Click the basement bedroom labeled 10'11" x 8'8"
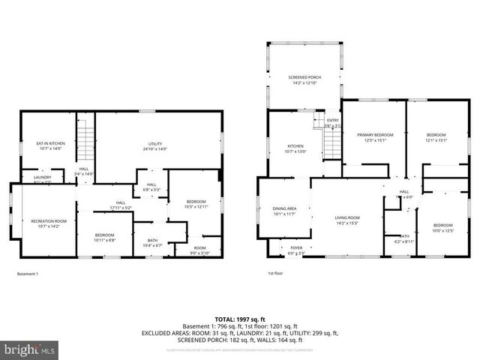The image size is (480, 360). point(104,237)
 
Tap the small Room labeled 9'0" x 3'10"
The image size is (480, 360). point(199,250)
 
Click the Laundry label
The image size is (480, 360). point(42,179)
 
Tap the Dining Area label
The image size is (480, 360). point(283,211)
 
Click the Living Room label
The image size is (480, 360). point(347,220)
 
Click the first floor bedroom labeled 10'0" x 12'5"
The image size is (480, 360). point(442,227)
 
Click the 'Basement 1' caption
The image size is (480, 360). point(27,274)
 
